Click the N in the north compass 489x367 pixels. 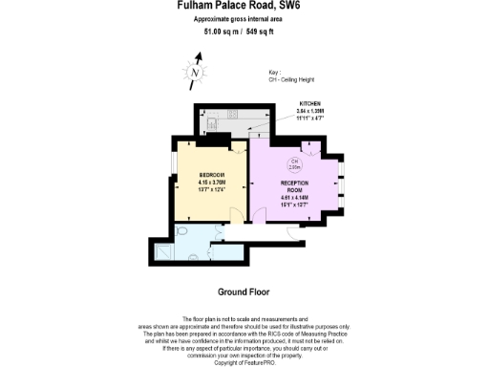pos(196,73)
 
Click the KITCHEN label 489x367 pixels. pos(310,102)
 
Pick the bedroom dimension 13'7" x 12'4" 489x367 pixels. pos(212,188)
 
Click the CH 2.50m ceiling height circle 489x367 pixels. pos(295,164)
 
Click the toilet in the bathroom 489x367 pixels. pos(182,231)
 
